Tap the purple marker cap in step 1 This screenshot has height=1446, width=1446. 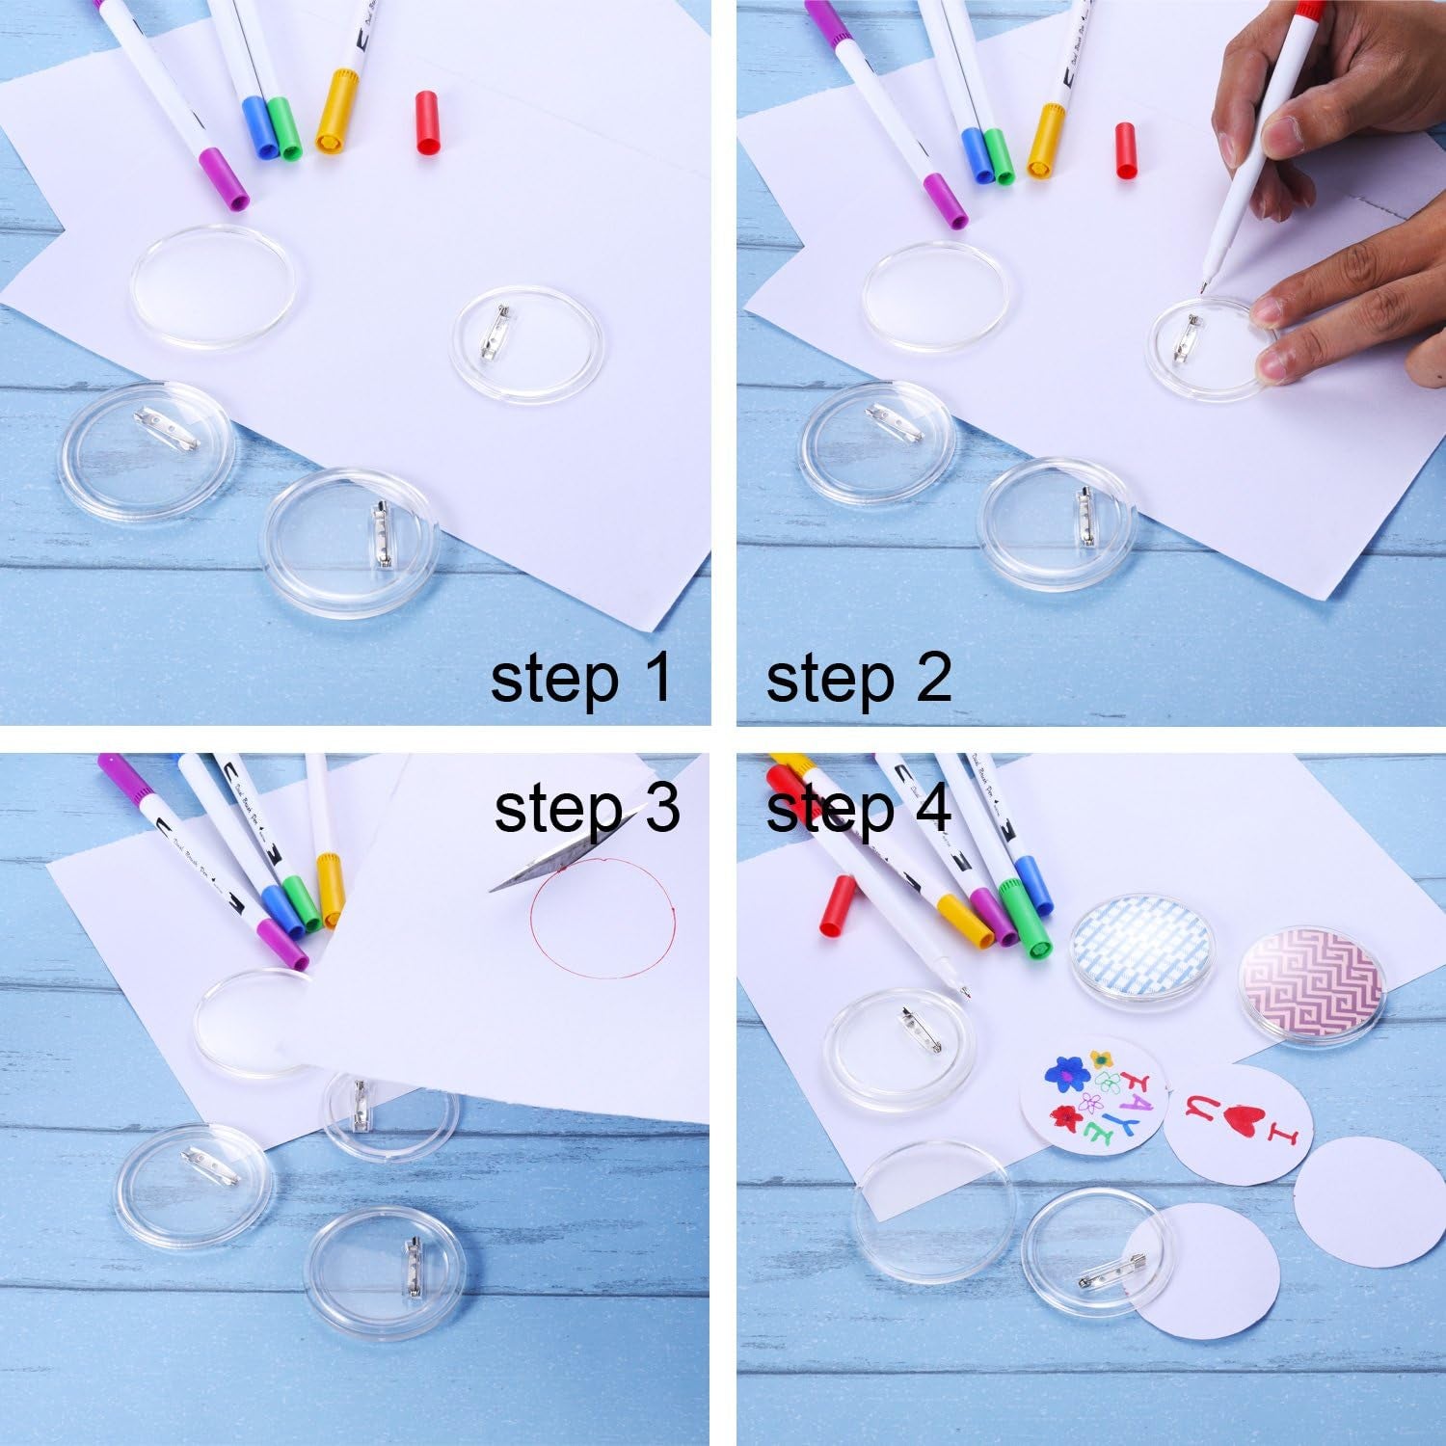tap(225, 179)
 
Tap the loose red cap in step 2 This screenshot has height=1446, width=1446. tap(1126, 149)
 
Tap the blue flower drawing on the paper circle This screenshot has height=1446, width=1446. tap(1064, 1071)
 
